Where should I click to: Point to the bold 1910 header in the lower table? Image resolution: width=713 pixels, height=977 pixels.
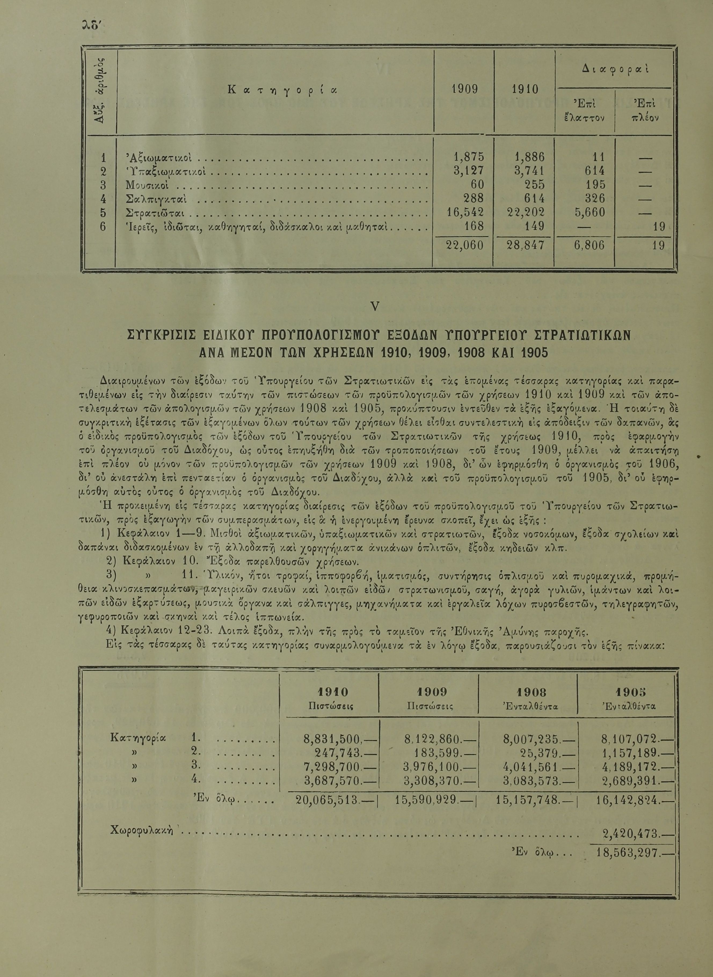tap(332, 692)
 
